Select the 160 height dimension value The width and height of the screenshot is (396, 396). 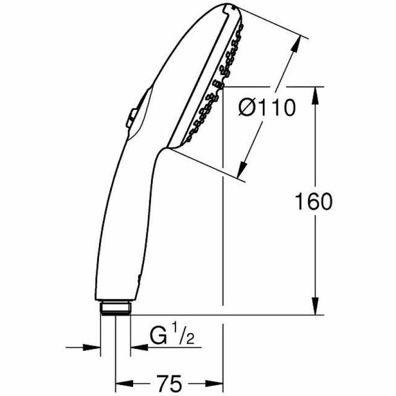click(312, 201)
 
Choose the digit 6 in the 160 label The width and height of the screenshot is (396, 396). click(312, 201)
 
